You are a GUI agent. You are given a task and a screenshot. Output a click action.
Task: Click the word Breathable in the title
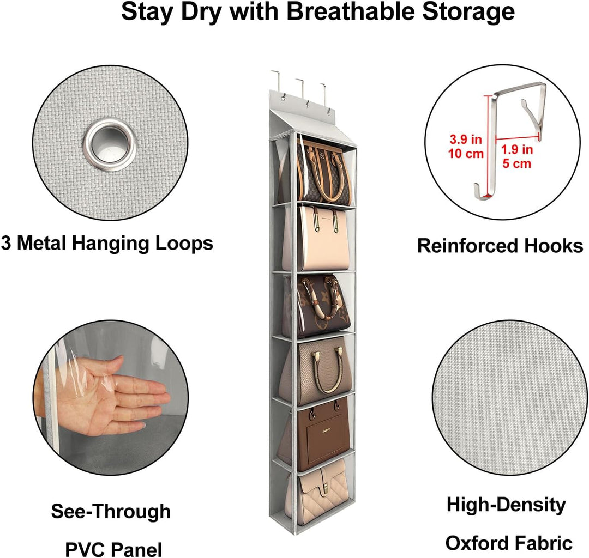[351, 11]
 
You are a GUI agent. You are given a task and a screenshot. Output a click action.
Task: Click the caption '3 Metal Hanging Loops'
[107, 244]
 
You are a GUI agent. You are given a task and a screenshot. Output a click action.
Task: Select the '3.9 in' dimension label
[466, 139]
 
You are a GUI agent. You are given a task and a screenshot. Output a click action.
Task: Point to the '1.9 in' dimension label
[517, 149]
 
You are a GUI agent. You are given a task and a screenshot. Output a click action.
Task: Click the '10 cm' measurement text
[466, 154]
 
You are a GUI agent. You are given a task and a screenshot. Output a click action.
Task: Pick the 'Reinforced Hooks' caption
[500, 246]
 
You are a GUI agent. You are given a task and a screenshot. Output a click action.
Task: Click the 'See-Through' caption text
[111, 512]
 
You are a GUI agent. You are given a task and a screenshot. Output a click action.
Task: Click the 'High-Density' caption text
[506, 505]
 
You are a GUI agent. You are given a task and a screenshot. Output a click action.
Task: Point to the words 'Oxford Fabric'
[509, 543]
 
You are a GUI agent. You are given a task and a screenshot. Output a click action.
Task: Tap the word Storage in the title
[468, 11]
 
